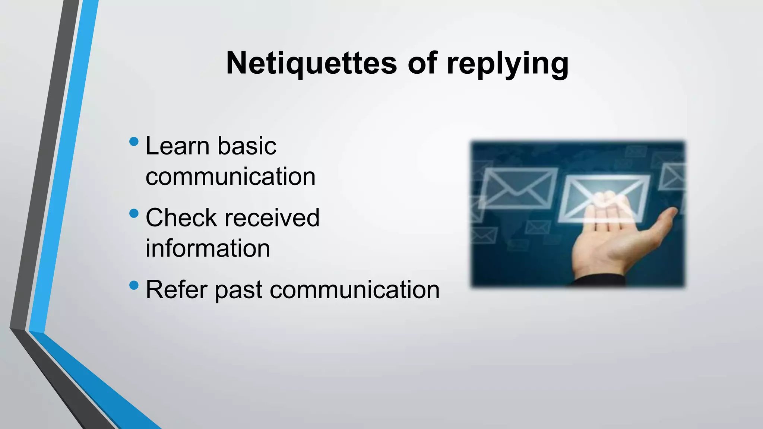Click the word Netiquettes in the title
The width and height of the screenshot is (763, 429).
311,63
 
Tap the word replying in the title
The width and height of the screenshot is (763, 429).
507,64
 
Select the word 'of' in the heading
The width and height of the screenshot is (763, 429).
422,63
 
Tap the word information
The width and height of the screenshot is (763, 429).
208,248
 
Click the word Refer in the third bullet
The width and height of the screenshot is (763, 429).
176,290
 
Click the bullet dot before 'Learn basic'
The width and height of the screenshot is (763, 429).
134,142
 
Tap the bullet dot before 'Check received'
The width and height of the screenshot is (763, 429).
134,213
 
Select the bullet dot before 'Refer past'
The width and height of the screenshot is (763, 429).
134,286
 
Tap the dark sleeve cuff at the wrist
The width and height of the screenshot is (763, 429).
600,280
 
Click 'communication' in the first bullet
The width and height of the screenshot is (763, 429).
230,177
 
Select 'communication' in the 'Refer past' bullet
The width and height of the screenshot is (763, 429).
354,290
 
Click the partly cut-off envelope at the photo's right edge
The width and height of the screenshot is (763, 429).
673,177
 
